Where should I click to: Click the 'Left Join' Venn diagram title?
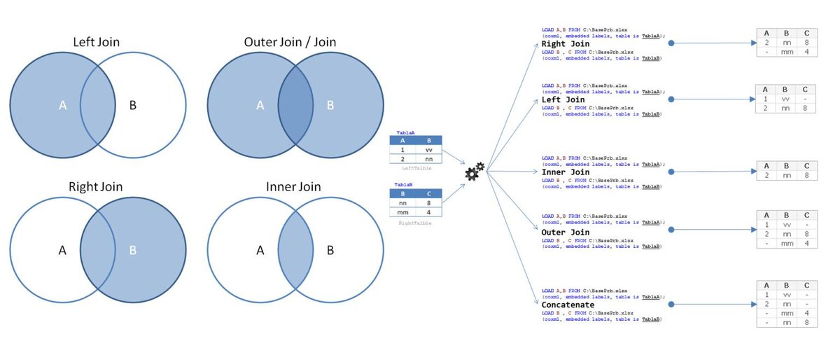click(x=97, y=43)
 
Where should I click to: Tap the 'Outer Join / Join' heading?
click(x=290, y=43)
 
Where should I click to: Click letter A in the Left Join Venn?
click(x=62, y=106)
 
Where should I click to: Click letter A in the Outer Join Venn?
click(x=260, y=106)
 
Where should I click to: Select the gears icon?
click(x=475, y=171)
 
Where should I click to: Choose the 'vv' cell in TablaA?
click(x=428, y=149)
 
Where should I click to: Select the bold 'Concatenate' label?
click(x=568, y=305)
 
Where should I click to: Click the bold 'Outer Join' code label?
click(x=566, y=232)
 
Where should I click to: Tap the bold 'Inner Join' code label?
click(x=566, y=172)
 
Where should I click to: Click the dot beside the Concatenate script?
click(x=671, y=305)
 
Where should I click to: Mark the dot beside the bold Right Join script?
click(x=671, y=43)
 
